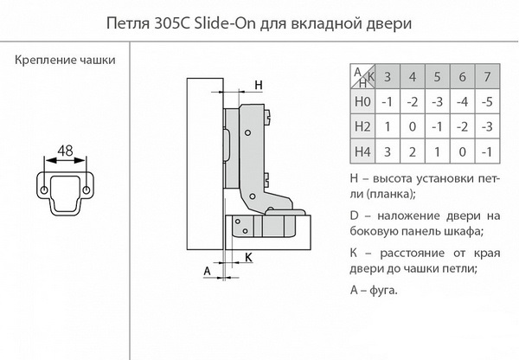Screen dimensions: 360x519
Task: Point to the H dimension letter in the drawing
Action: [257, 84]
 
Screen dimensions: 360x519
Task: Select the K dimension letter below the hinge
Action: [248, 256]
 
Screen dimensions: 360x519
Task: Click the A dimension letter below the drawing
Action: [207, 270]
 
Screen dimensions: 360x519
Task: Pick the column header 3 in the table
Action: [388, 75]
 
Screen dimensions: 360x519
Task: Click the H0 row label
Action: [363, 101]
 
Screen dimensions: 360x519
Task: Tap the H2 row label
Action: [363, 126]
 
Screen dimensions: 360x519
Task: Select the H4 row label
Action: [363, 152]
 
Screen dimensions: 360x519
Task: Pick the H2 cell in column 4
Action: [413, 126]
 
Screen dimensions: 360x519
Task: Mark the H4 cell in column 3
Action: [388, 152]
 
